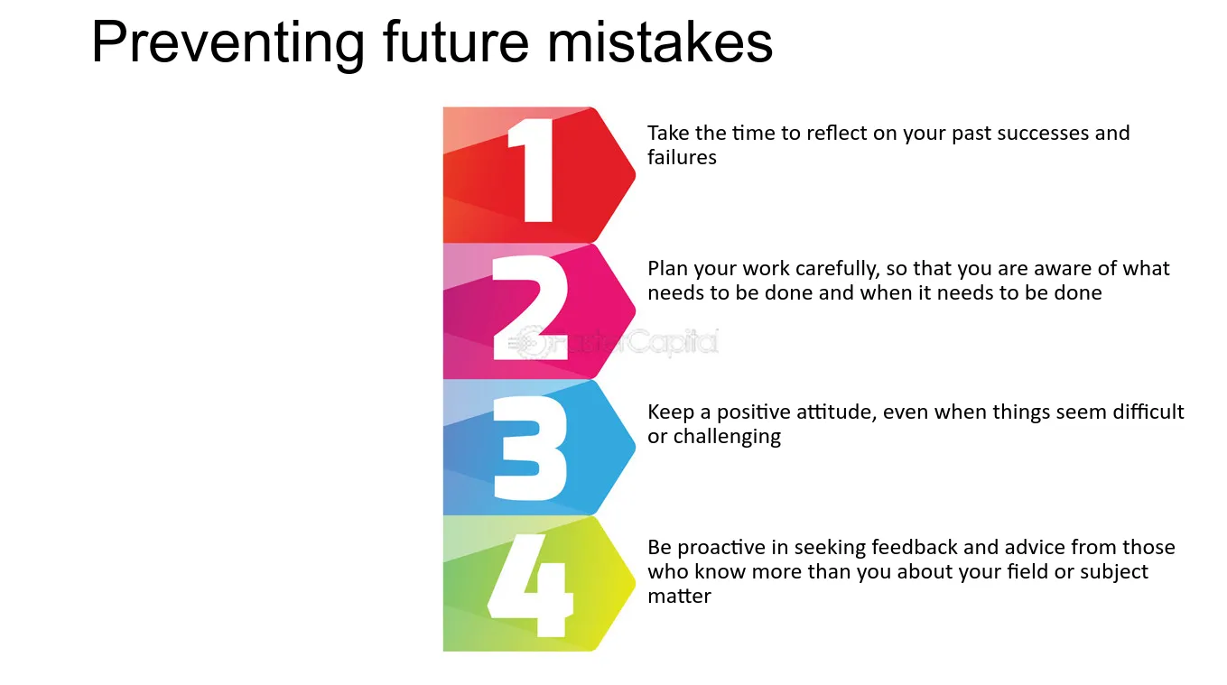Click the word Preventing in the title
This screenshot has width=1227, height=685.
point(228,44)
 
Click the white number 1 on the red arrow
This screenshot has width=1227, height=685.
point(530,171)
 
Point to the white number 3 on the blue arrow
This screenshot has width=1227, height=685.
point(530,449)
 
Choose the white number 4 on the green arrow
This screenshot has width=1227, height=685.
point(530,585)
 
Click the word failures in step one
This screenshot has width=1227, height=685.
point(682,157)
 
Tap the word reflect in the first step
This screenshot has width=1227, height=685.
point(836,133)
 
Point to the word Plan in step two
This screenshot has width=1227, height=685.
point(668,268)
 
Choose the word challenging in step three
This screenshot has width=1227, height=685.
point(726,438)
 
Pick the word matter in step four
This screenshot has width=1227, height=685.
point(679,596)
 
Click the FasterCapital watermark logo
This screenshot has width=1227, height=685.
point(612,342)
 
